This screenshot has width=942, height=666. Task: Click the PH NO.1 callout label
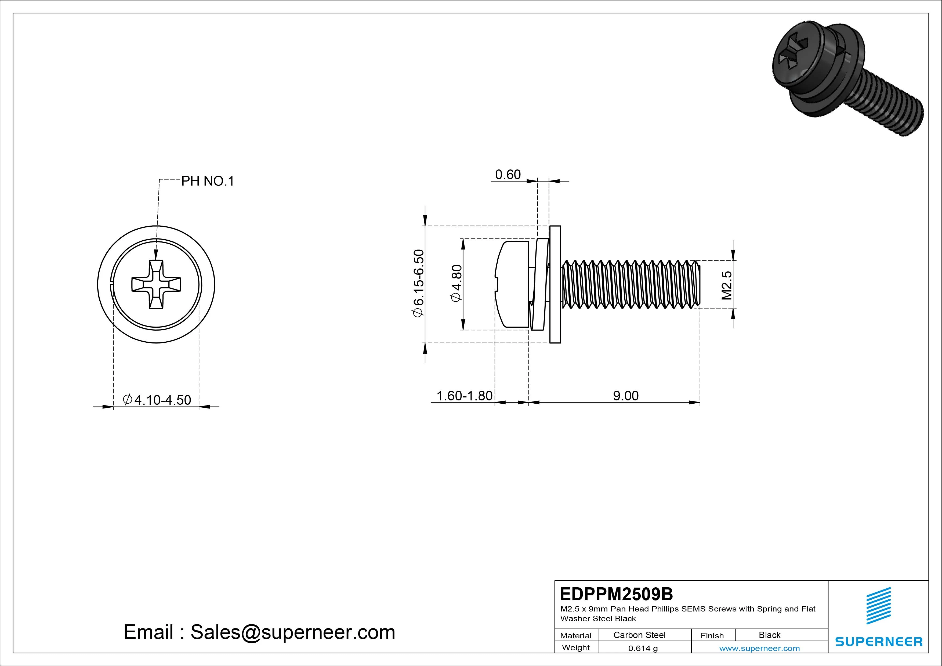[208, 181]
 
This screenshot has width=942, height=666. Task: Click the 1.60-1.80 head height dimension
[464, 396]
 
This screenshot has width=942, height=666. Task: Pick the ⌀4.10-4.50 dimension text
[157, 400]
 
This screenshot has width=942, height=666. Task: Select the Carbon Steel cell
[639, 635]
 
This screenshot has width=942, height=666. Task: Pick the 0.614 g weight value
[643, 648]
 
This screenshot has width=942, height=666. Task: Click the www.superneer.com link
[759, 648]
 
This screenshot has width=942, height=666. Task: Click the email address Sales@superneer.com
[292, 632]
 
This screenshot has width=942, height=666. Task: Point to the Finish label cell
[712, 635]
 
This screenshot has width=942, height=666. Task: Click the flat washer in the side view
[555, 284]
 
